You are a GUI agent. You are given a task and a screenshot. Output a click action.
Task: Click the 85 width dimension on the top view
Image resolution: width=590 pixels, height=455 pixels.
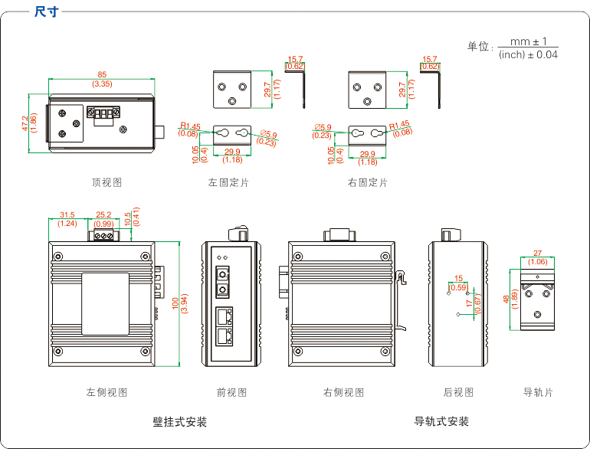102,74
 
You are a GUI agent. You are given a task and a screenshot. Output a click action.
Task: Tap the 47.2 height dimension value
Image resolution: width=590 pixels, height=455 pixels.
25,123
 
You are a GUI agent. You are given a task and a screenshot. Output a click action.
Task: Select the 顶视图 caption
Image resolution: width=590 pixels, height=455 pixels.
107,182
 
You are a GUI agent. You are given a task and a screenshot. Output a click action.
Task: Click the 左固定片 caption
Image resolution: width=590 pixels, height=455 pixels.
228,182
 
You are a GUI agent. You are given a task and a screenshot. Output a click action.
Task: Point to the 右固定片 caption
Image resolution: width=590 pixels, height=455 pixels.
367,182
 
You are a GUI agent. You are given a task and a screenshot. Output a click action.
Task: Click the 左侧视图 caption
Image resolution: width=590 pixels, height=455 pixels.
107,392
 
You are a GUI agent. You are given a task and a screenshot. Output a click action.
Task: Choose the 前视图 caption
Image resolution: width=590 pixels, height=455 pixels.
231,392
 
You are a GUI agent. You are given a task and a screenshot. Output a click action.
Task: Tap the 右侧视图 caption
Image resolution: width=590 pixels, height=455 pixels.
343,392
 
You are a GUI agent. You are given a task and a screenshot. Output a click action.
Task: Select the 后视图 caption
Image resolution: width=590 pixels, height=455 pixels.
458,392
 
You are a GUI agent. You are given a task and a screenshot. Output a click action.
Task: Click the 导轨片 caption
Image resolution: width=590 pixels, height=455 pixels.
538,392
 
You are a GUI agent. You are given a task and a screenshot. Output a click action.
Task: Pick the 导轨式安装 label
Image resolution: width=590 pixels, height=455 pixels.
441,422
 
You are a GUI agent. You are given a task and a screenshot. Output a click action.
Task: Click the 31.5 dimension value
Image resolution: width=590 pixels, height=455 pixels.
67,215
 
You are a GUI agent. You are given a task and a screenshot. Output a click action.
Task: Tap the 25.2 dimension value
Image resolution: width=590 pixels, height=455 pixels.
103,215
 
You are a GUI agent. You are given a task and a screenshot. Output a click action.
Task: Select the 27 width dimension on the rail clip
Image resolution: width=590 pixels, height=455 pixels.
538,253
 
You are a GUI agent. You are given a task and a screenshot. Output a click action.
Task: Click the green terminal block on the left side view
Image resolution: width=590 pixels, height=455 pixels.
104,235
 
